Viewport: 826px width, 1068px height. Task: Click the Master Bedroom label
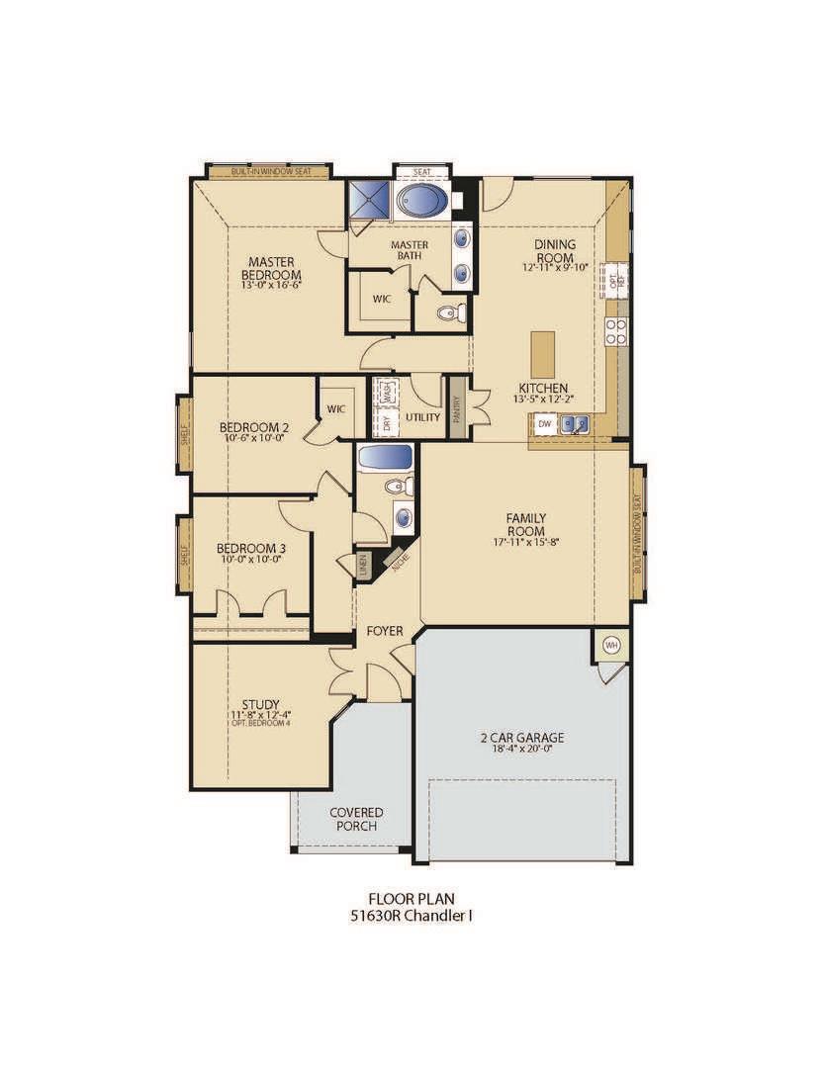[271, 268]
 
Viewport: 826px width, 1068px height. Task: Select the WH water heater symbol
[610, 646]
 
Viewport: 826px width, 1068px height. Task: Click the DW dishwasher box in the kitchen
[544, 424]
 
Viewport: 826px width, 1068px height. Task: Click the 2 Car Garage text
[522, 738]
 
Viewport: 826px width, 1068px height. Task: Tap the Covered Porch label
[356, 819]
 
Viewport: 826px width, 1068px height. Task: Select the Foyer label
[383, 630]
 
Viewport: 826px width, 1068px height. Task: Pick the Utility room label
[422, 417]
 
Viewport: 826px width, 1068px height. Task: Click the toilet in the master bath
[446, 314]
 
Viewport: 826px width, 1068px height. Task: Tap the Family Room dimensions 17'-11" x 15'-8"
[525, 542]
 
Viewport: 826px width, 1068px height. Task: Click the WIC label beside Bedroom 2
[334, 406]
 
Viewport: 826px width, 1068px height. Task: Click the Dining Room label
[555, 251]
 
